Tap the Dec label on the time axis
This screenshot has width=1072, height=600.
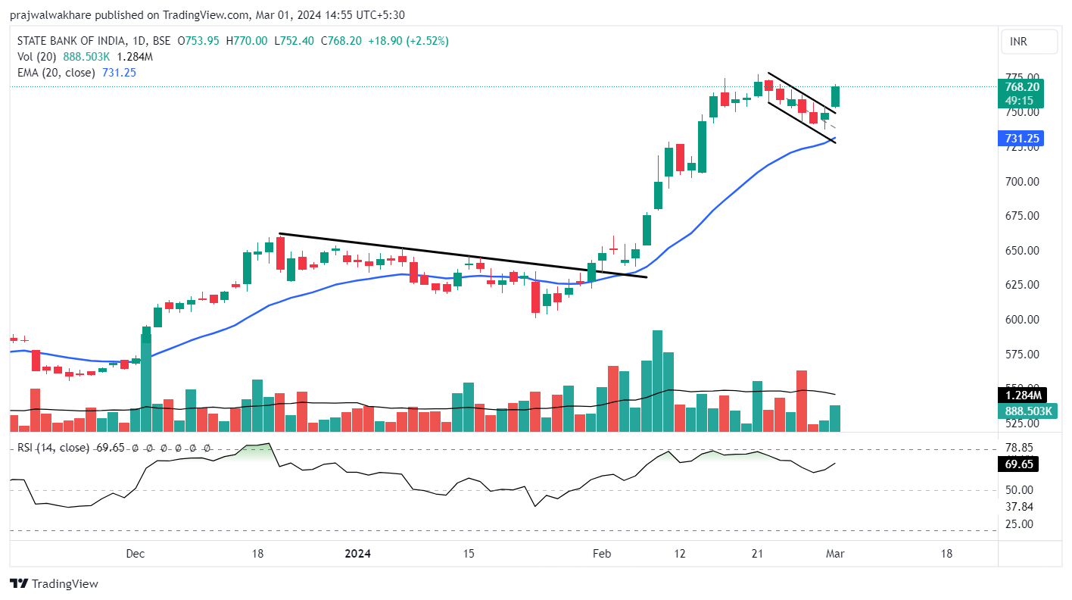tap(136, 554)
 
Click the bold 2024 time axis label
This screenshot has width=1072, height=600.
tap(358, 554)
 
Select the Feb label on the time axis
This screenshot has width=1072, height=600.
tap(601, 554)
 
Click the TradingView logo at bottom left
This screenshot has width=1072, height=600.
tap(54, 583)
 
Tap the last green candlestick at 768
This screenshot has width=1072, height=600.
tap(836, 96)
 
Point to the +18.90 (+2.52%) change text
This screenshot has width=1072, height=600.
tap(408, 41)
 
